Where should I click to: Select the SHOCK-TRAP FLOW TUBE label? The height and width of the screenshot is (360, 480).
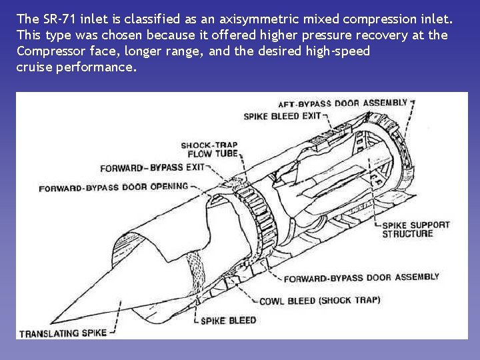point(209,150)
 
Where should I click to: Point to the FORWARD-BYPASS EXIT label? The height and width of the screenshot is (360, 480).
point(152,168)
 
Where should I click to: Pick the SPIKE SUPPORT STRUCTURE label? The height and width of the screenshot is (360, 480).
point(415,229)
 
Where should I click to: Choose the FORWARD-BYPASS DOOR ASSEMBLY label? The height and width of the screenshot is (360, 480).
point(361,277)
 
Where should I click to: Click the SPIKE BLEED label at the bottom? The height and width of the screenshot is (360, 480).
point(229,321)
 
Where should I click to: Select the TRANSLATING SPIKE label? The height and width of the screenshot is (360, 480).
point(63,333)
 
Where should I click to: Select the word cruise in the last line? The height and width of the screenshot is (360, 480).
point(33,67)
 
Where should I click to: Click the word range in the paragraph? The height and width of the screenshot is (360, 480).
point(183,51)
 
